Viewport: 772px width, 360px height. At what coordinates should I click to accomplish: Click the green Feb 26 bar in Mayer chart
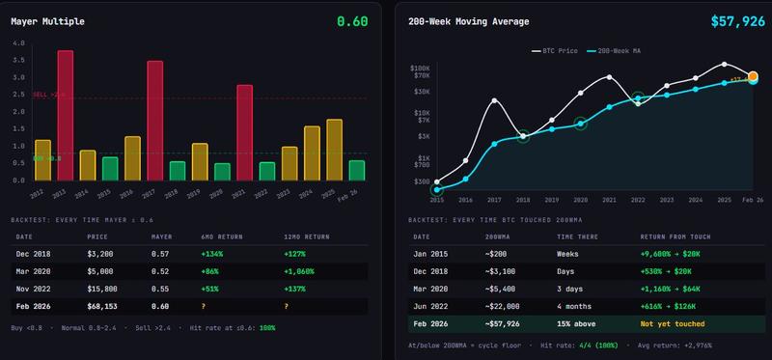coord(357,171)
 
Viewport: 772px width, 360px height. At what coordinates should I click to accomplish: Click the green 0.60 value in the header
coord(351,20)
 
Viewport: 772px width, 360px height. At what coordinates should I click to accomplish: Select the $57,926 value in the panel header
coord(737,20)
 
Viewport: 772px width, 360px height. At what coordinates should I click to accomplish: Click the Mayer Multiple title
coord(50,20)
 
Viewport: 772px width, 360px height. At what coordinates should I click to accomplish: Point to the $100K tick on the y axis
coord(420,69)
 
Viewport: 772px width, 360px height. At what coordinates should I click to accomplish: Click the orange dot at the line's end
coord(754,75)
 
